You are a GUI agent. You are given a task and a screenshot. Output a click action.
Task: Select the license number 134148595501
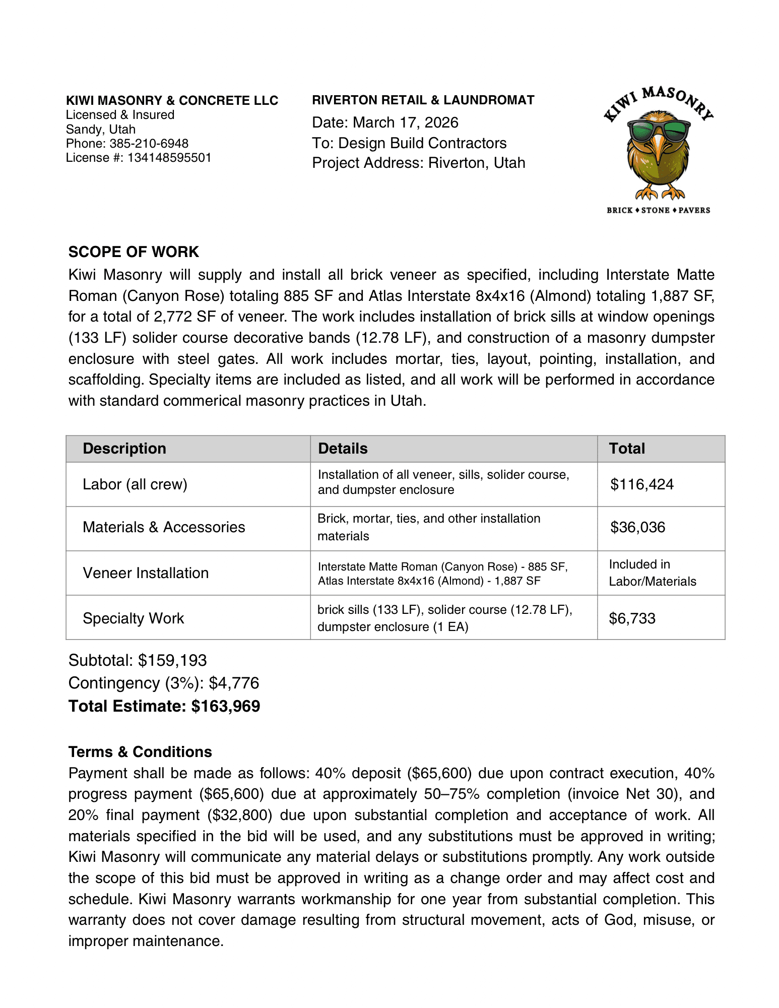pyautogui.click(x=169, y=158)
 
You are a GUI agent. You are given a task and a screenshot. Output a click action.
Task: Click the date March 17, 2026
pyautogui.click(x=405, y=122)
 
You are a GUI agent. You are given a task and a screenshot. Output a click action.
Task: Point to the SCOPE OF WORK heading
pyautogui.click(x=134, y=252)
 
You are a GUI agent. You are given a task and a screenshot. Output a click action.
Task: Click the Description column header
pyautogui.click(x=124, y=449)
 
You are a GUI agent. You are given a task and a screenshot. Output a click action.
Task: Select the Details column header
pyautogui.click(x=343, y=449)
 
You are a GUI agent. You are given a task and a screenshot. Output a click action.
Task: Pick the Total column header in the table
pyautogui.click(x=627, y=449)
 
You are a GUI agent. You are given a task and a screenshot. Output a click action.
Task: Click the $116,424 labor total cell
pyautogui.click(x=642, y=484)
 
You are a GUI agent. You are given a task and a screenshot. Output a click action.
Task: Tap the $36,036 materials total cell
pyautogui.click(x=638, y=527)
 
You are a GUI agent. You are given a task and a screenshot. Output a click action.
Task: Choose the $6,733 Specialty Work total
pyautogui.click(x=632, y=618)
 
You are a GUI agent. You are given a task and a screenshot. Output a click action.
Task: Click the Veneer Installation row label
pyautogui.click(x=146, y=573)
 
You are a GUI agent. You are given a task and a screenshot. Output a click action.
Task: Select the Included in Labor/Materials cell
pyautogui.click(x=653, y=573)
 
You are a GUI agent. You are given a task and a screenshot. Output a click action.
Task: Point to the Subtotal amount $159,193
pyautogui.click(x=172, y=660)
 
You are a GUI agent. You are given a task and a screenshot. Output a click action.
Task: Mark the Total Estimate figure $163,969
pyautogui.click(x=226, y=706)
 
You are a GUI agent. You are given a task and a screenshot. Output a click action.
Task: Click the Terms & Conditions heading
pyautogui.click(x=140, y=752)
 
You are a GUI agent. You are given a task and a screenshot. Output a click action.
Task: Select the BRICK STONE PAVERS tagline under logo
pyautogui.click(x=658, y=210)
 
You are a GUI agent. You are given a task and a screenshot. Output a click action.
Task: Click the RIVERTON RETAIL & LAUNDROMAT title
pyautogui.click(x=423, y=100)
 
